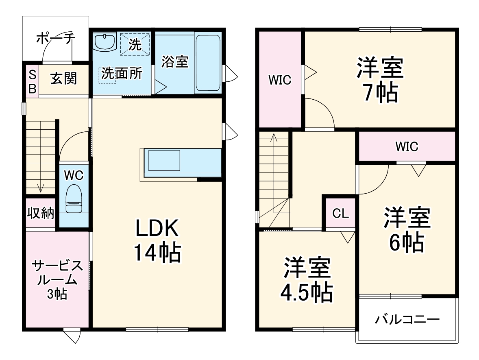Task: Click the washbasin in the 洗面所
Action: point(105,42)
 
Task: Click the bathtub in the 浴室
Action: point(208,63)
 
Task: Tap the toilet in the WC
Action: point(74,199)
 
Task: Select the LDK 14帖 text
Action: point(157,241)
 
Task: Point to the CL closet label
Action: point(340,214)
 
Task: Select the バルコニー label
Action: point(407,319)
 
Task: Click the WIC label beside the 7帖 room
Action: point(279,80)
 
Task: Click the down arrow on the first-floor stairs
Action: point(40,187)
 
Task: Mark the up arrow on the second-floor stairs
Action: point(274,138)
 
